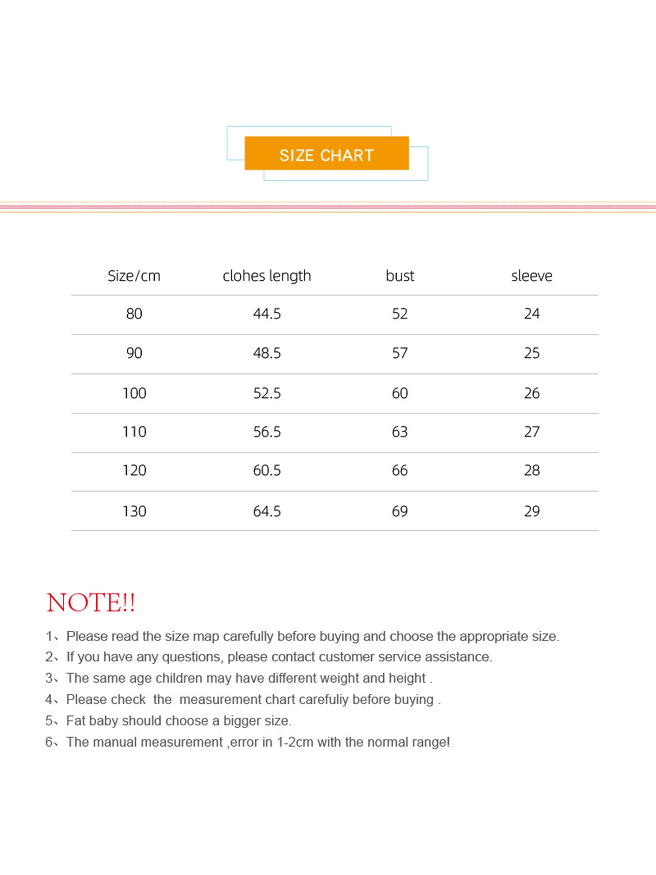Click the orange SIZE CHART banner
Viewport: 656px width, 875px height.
pos(327,154)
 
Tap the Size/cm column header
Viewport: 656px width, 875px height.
pos(134,276)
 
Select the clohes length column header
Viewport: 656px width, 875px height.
pos(267,276)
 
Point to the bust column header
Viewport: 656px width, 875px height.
pos(400,276)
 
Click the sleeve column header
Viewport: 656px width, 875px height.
pos(532,276)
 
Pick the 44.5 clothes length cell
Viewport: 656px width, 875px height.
pos(267,314)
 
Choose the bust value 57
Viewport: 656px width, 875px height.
pos(400,353)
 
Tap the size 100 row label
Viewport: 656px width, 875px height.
pos(134,393)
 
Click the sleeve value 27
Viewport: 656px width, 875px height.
pos(532,432)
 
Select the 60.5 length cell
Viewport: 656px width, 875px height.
pos(267,470)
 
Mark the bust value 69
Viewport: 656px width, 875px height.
pos(400,511)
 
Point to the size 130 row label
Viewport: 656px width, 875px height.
pos(134,511)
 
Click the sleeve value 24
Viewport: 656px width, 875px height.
pos(532,314)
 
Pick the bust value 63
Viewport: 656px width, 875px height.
pos(400,432)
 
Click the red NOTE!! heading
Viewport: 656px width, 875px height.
pos(91,602)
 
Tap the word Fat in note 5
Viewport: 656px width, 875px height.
pos(75,721)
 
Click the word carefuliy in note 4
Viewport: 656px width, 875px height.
pos(323,700)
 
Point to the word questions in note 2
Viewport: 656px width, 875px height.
pos(191,657)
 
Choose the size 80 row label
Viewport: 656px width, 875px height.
pos(134,314)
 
